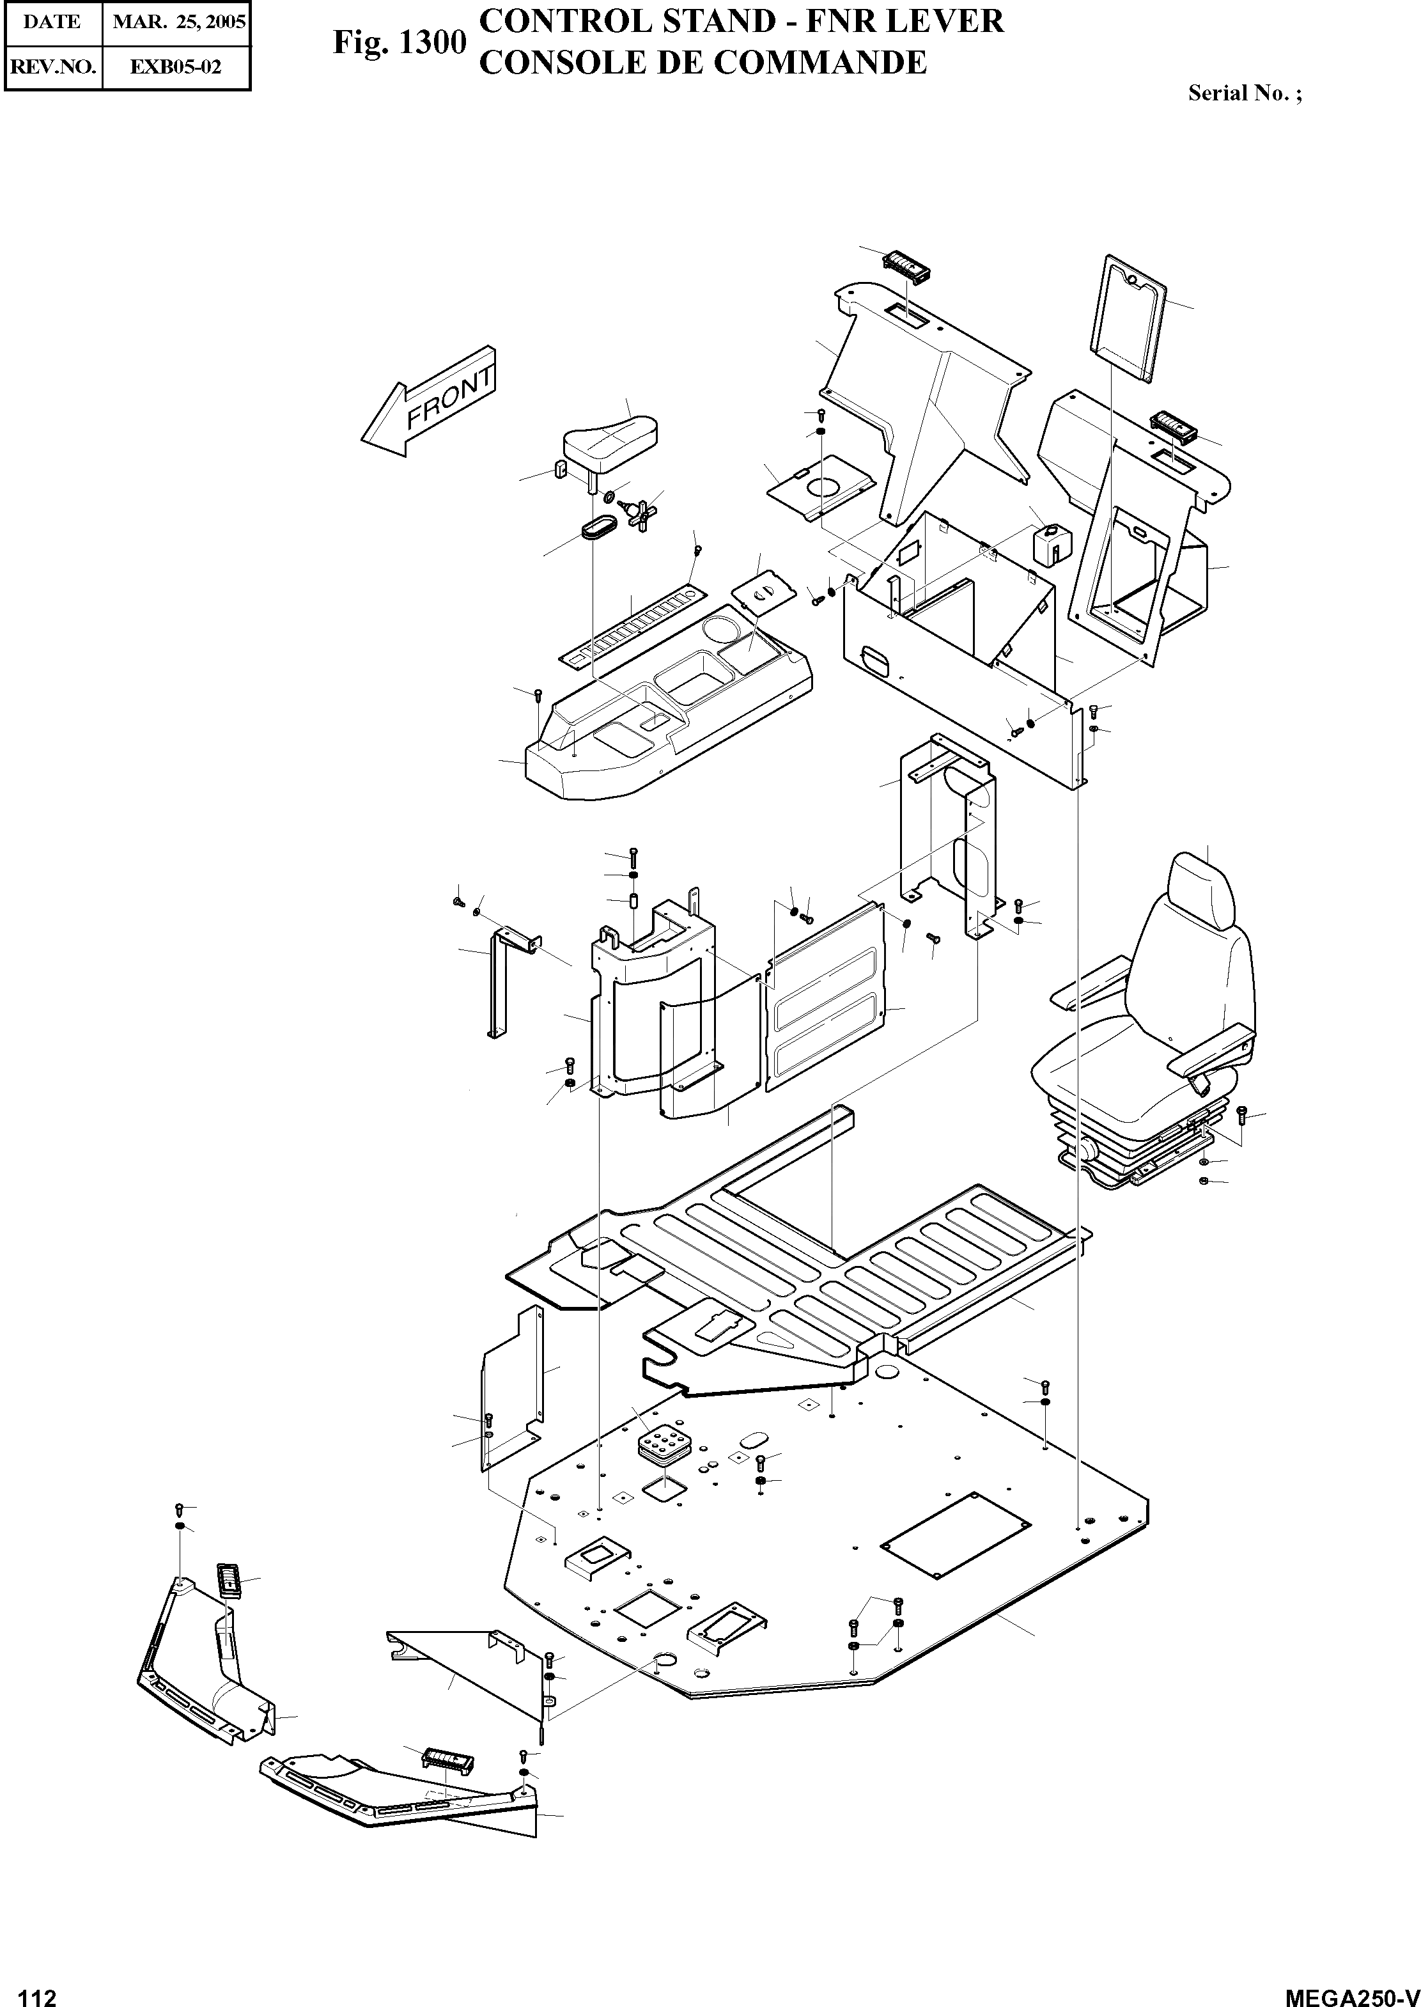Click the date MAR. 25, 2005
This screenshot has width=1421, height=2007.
coord(177,22)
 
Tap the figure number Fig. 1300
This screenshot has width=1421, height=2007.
coord(398,43)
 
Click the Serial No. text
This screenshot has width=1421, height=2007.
coord(1244,93)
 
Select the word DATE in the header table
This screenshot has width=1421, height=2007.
coord(52,22)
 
